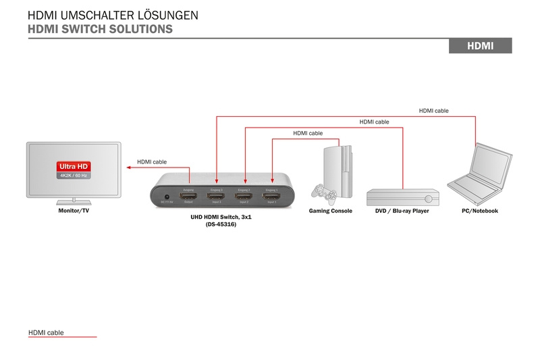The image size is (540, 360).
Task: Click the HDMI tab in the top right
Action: [x=481, y=46]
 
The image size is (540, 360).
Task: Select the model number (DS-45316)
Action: [x=221, y=224]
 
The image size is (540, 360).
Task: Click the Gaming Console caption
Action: [x=331, y=211]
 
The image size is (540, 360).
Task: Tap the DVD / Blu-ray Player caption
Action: [x=402, y=211]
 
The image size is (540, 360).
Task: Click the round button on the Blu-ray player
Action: [x=429, y=199]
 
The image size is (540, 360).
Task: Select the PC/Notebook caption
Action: [x=480, y=211]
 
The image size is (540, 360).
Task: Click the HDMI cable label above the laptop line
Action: [x=433, y=110]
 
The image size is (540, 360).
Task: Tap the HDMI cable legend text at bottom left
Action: [x=46, y=333]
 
